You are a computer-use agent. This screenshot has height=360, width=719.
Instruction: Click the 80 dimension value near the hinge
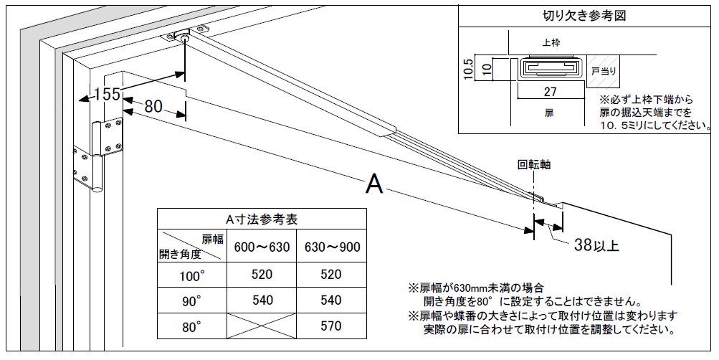click(x=153, y=107)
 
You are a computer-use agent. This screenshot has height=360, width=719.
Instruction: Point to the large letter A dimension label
click(x=374, y=185)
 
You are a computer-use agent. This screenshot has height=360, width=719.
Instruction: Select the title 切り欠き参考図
click(x=586, y=15)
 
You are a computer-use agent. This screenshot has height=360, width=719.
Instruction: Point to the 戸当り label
click(x=604, y=72)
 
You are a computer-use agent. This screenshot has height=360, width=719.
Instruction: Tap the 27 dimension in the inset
click(x=551, y=91)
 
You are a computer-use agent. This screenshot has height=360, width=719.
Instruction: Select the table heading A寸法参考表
click(x=262, y=219)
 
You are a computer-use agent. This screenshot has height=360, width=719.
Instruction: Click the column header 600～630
click(x=262, y=247)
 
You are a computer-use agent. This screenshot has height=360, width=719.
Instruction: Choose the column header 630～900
click(x=332, y=247)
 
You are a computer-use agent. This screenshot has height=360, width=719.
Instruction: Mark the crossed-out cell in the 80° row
click(x=262, y=327)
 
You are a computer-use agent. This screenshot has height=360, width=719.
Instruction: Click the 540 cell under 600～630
click(x=262, y=300)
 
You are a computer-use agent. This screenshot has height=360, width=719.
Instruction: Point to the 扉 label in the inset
click(x=550, y=113)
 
